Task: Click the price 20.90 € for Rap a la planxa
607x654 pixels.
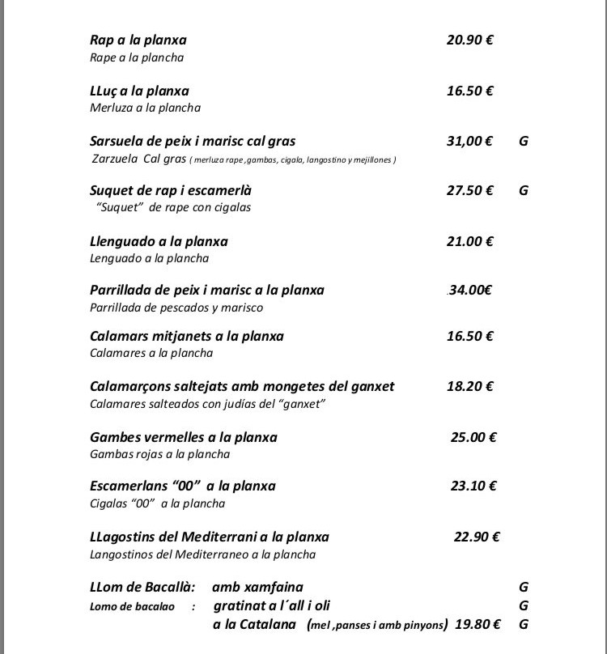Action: pyautogui.click(x=469, y=40)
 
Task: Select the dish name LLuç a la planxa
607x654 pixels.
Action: pyautogui.click(x=139, y=91)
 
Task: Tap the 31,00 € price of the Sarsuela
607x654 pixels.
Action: pyautogui.click(x=469, y=141)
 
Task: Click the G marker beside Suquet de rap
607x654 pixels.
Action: pyautogui.click(x=523, y=191)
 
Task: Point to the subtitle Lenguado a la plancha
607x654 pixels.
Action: pyautogui.click(x=149, y=258)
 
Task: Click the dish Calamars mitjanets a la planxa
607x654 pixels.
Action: pyautogui.click(x=187, y=336)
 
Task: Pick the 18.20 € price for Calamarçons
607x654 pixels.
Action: pyautogui.click(x=469, y=386)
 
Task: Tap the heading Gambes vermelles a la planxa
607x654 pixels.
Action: pyautogui.click(x=184, y=437)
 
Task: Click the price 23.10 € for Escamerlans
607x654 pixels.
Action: pyautogui.click(x=473, y=486)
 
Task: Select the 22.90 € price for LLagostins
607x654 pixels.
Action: pyautogui.click(x=477, y=536)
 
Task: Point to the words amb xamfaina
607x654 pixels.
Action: pyautogui.click(x=258, y=587)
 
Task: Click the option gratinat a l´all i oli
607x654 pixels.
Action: pyautogui.click(x=272, y=605)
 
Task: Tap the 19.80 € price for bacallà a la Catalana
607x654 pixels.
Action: pyautogui.click(x=478, y=624)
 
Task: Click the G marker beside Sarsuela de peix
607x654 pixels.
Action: pyautogui.click(x=523, y=141)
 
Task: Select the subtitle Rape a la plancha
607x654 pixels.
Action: pyautogui.click(x=137, y=57)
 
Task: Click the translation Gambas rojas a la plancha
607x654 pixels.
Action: pyautogui.click(x=159, y=454)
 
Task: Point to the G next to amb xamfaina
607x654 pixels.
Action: pyautogui.click(x=523, y=587)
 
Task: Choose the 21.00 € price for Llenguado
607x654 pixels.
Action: pyautogui.click(x=469, y=241)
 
